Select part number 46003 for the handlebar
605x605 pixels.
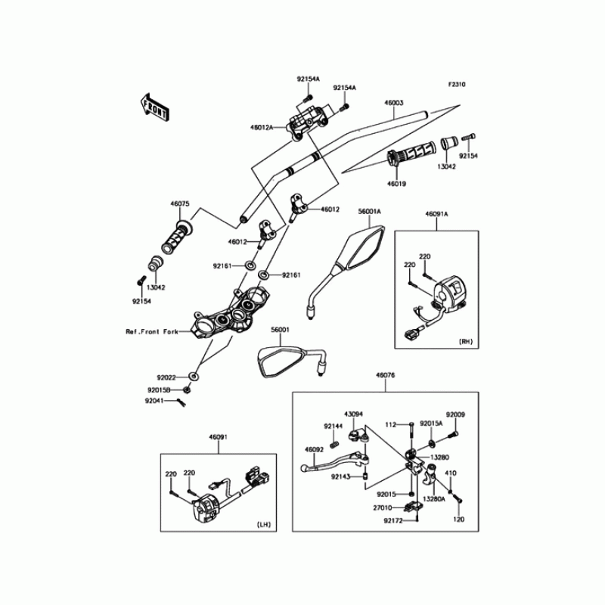tap(393, 102)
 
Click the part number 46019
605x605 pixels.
tap(397, 183)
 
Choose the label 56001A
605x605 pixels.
tap(369, 213)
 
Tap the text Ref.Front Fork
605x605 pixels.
tap(152, 332)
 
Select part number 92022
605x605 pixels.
tap(167, 376)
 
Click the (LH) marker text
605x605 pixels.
tap(263, 523)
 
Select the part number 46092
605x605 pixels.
tap(315, 449)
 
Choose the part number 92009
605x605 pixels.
tap(455, 414)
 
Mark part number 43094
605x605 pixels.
tap(355, 414)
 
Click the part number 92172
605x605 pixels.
tap(392, 520)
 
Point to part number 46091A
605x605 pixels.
tap(437, 215)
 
